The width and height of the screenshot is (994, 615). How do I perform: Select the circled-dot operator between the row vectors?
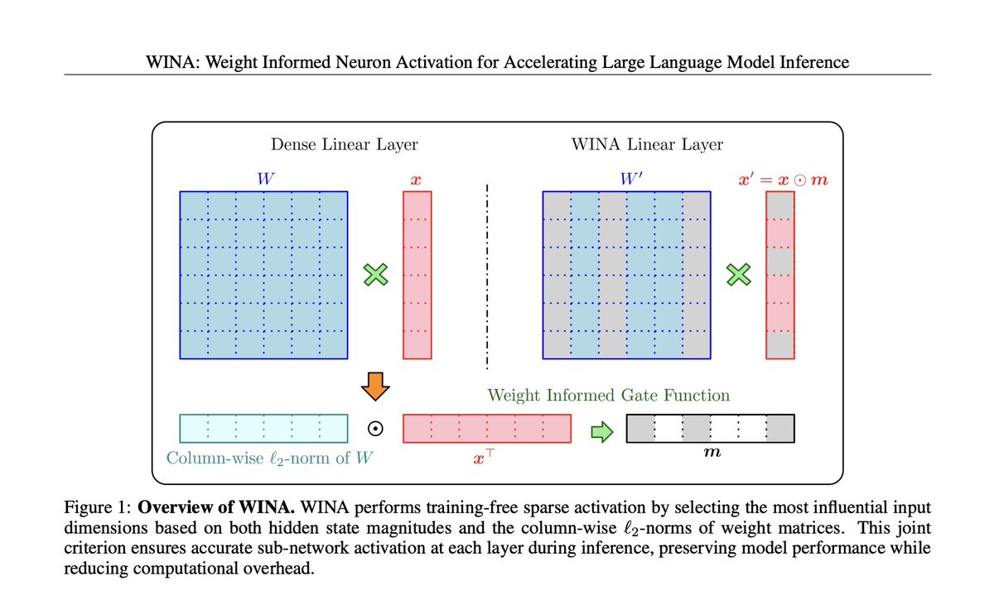375,429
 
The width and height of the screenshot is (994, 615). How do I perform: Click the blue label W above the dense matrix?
263,178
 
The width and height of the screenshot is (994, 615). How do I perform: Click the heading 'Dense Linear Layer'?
345,145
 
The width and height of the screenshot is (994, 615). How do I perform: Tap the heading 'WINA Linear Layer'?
647,145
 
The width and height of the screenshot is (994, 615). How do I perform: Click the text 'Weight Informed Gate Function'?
609,395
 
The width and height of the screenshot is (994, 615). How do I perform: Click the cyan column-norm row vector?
263,428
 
